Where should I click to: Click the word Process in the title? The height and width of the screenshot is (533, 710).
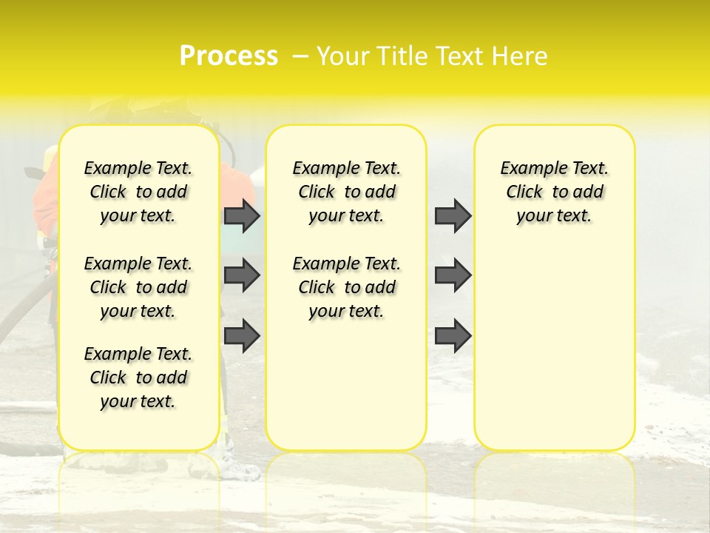click(x=229, y=56)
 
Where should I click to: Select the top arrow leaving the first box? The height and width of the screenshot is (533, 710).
click(x=242, y=215)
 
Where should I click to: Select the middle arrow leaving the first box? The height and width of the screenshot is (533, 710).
click(x=242, y=275)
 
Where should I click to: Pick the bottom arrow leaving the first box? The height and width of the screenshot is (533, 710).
click(x=242, y=336)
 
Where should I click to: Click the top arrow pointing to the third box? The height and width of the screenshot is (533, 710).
click(x=453, y=215)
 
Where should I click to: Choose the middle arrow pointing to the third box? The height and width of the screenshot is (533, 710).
click(x=453, y=275)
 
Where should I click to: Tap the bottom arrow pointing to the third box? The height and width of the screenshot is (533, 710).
click(x=453, y=336)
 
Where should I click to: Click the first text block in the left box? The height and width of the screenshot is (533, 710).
click(x=138, y=192)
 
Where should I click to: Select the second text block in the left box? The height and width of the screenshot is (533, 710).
click(x=138, y=287)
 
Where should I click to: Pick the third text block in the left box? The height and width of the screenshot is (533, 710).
click(x=138, y=378)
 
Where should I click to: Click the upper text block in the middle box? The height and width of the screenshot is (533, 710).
click(x=346, y=192)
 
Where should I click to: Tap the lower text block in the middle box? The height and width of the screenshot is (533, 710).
click(x=346, y=287)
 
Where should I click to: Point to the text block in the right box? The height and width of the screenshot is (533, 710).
click(x=554, y=192)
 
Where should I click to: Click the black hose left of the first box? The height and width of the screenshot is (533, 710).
click(x=22, y=311)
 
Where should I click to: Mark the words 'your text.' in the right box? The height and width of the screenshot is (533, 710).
click(x=554, y=216)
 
